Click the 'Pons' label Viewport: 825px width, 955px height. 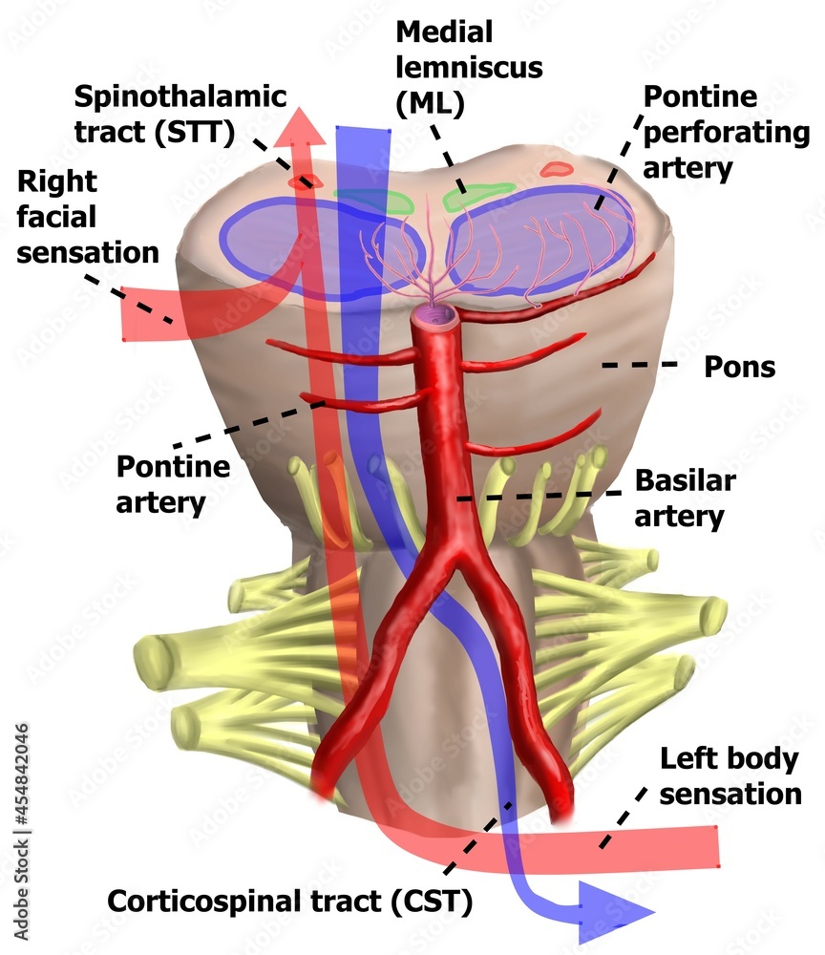(739, 368)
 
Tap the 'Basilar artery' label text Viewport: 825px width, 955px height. (685, 499)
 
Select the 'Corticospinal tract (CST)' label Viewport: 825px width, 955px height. (290, 902)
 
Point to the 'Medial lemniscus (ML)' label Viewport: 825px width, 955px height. (469, 68)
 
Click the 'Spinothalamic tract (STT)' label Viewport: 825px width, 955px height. (180, 115)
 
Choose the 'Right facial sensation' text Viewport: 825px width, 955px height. (88, 218)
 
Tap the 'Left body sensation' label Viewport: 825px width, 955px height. (730, 776)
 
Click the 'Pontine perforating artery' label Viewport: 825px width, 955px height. (727, 132)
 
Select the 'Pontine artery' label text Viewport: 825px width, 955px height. (173, 485)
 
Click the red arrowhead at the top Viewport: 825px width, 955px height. (300, 129)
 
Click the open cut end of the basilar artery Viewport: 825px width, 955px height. (434, 315)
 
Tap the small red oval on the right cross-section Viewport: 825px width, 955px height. (556, 169)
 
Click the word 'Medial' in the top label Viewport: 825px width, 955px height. (444, 32)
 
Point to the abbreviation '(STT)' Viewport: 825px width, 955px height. (195, 132)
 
